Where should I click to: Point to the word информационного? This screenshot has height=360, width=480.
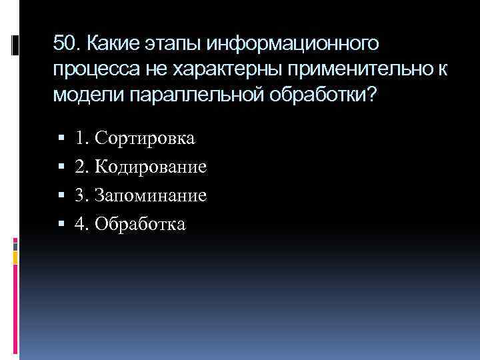coord(293,44)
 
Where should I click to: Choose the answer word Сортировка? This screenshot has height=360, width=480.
coord(145,139)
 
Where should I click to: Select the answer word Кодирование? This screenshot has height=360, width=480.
coord(151,167)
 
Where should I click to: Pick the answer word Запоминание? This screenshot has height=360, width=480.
coord(151,196)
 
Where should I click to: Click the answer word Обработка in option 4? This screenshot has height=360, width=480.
coord(141,225)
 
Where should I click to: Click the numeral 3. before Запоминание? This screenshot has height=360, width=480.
coord(83,196)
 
